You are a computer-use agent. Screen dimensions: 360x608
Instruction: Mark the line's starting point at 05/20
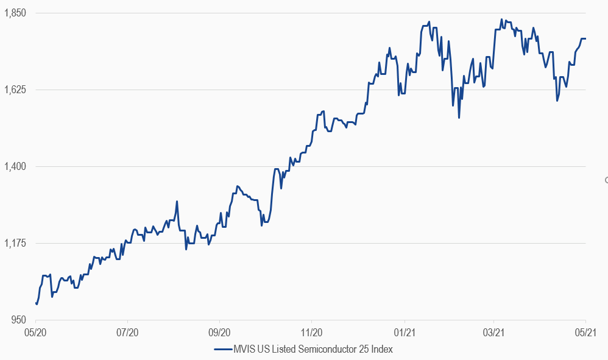point(36,303)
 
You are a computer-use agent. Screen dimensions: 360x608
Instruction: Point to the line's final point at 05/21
point(585,39)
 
